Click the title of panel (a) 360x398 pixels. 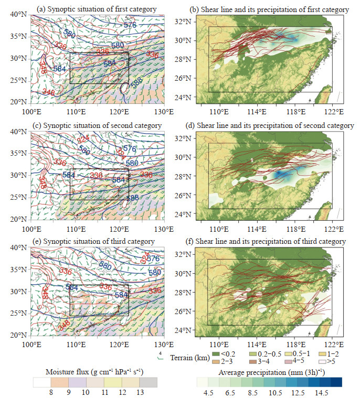pyautogui.click(x=97, y=9)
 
